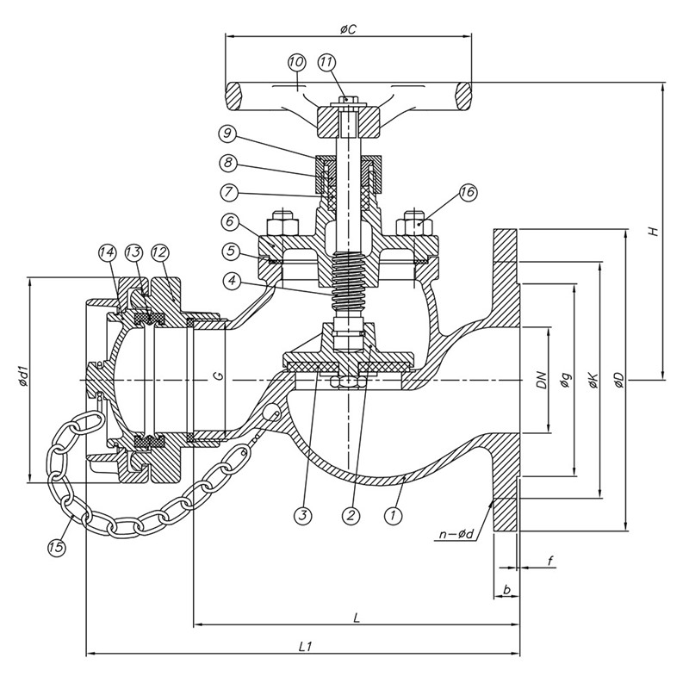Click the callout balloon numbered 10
point(296,63)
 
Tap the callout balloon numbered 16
point(468,193)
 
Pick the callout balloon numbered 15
point(57,547)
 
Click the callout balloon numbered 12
point(159,253)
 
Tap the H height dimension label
point(653,232)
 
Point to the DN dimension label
point(541,380)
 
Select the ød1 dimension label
point(23,380)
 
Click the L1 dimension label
point(303,645)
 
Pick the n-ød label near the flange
point(456,535)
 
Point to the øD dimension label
point(622,380)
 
